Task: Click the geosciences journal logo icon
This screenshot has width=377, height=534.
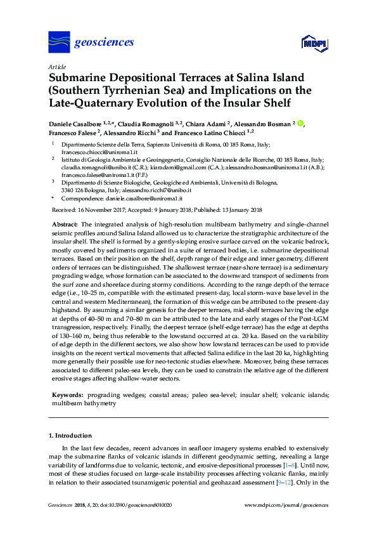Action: pos(59,42)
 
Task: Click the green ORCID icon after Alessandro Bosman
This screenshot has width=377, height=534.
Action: pos(301,124)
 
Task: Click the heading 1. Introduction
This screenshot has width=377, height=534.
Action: pos(70,436)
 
